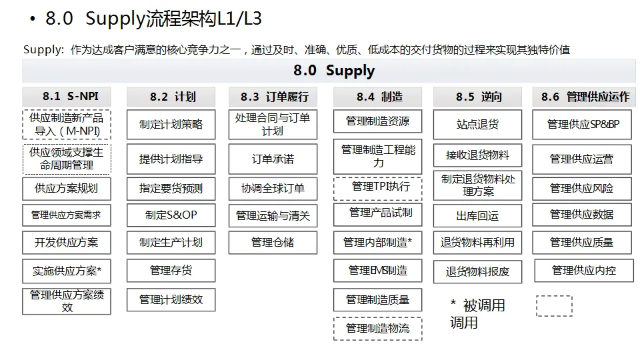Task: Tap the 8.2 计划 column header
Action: pos(171,97)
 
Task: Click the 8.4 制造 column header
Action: pos(378,97)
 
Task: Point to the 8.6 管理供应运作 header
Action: pos(584,97)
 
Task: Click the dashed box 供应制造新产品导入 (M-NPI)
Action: pos(67,125)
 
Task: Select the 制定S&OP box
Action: pos(171,215)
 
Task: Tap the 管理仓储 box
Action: pos(273,243)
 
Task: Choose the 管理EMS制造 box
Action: pos(378,271)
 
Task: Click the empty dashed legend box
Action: pos(554,306)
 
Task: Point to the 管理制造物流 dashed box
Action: pos(378,328)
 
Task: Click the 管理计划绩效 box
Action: pos(171,300)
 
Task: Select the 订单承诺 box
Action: pos(273,160)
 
